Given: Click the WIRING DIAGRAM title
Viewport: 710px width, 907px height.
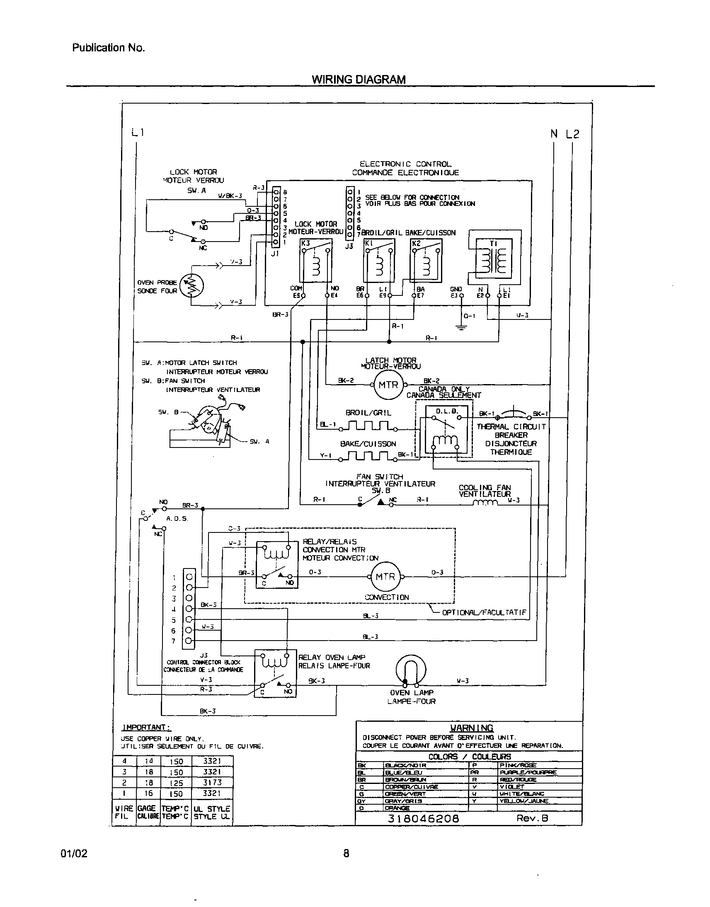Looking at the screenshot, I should pos(359,80).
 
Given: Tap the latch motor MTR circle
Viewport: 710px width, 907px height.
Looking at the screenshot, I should pos(388,385).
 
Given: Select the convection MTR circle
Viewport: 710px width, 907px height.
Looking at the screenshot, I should pos(385,577).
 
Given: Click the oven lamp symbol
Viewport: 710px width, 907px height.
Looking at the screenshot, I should pos(411,670).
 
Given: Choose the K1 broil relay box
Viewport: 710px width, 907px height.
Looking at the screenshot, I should pos(379,261).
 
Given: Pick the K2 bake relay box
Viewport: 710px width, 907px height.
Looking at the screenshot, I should pos(426,261).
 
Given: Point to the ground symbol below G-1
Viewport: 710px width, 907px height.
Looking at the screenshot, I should pos(461,327).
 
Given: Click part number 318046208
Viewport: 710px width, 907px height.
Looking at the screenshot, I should pos(423,818).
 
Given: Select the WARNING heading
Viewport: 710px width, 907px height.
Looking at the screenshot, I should pos(471,728).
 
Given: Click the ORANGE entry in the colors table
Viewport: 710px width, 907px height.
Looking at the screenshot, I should pos(397,808).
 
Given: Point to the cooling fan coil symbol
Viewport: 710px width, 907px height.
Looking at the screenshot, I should pos(485,503).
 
